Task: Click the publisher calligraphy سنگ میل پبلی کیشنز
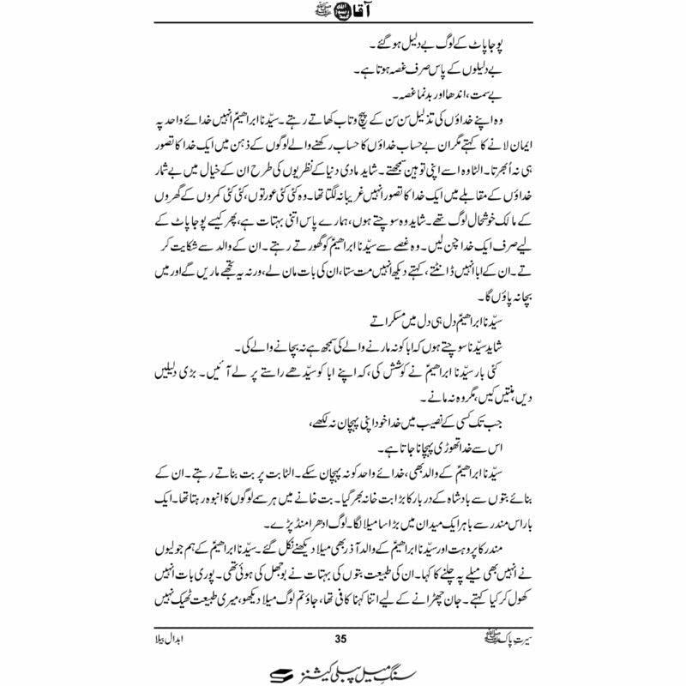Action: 352,667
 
